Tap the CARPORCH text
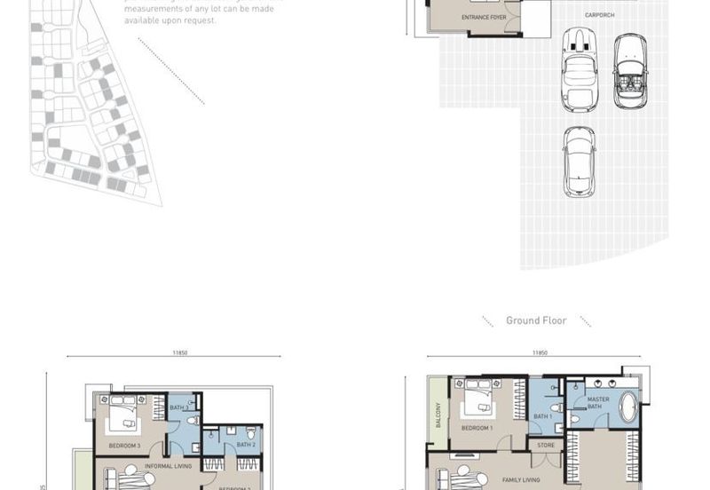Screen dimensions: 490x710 599,15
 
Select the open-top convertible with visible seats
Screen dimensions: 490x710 631,72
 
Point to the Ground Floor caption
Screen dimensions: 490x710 536,320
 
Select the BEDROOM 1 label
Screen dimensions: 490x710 477,429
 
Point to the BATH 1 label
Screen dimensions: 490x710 542,416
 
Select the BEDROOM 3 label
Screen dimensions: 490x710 124,445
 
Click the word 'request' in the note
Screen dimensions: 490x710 201,20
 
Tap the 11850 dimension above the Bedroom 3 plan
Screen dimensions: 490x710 180,352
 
